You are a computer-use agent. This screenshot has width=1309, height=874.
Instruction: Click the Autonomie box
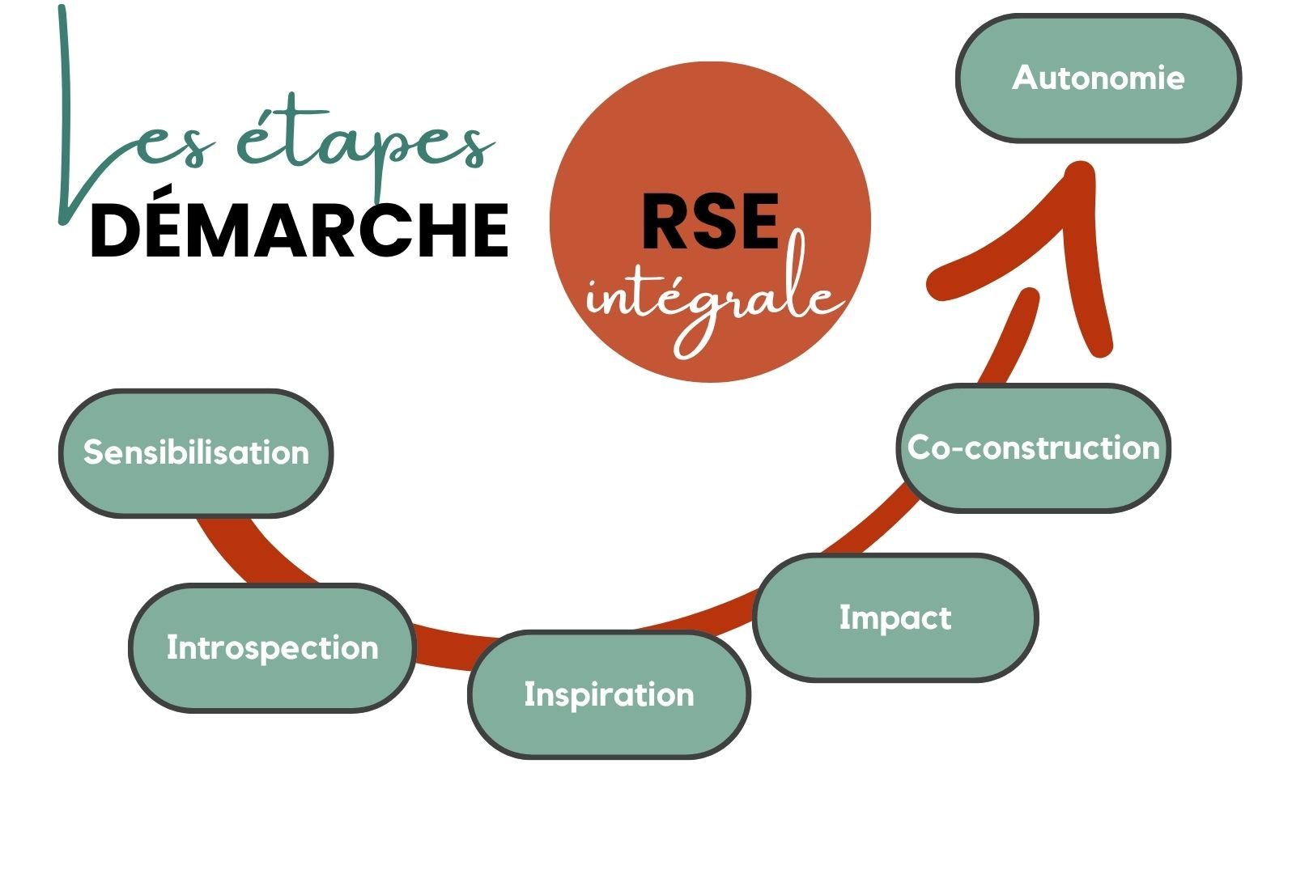[x=1098, y=78]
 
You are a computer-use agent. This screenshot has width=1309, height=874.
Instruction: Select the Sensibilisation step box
[x=196, y=453]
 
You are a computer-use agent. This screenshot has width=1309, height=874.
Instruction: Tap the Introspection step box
[x=272, y=647]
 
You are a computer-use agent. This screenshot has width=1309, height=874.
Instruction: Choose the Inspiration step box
[x=609, y=694]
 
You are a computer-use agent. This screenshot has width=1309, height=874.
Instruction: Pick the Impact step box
[x=895, y=617]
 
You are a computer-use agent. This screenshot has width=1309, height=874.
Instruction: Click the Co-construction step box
[x=1033, y=448]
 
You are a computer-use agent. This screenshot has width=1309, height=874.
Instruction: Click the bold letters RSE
[x=710, y=222]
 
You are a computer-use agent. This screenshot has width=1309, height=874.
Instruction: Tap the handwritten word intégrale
[x=712, y=299]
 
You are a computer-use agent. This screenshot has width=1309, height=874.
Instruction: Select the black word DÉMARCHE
[x=300, y=231]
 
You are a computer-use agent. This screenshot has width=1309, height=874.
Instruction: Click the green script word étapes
[x=364, y=146]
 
